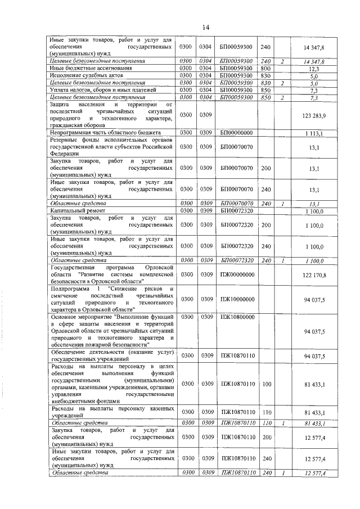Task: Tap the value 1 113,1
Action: (318, 133)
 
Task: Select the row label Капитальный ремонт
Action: (73, 210)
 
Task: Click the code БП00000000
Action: (237, 133)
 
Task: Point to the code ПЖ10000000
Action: (237, 299)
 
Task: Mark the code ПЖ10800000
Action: (237, 318)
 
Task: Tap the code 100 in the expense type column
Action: (266, 384)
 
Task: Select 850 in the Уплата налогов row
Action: (266, 89)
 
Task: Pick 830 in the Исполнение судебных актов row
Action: (266, 75)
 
